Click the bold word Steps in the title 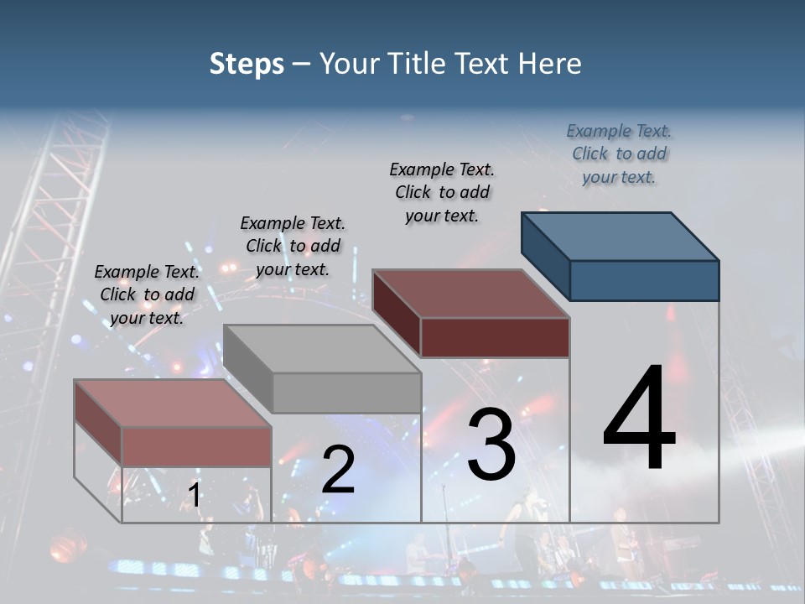tap(247, 64)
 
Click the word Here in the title tap(550, 64)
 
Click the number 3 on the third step tap(491, 444)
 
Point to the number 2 tap(338, 470)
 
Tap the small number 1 tap(195, 496)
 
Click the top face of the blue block tap(621, 236)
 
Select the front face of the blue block tap(644, 280)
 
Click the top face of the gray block tap(322, 348)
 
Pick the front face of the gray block tap(346, 393)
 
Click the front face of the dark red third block tap(495, 337)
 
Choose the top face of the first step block tap(173, 403)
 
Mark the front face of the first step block tap(196, 446)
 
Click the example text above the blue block tap(619, 154)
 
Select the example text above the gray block tap(293, 246)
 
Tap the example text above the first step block tap(147, 294)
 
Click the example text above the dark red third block tap(442, 192)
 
